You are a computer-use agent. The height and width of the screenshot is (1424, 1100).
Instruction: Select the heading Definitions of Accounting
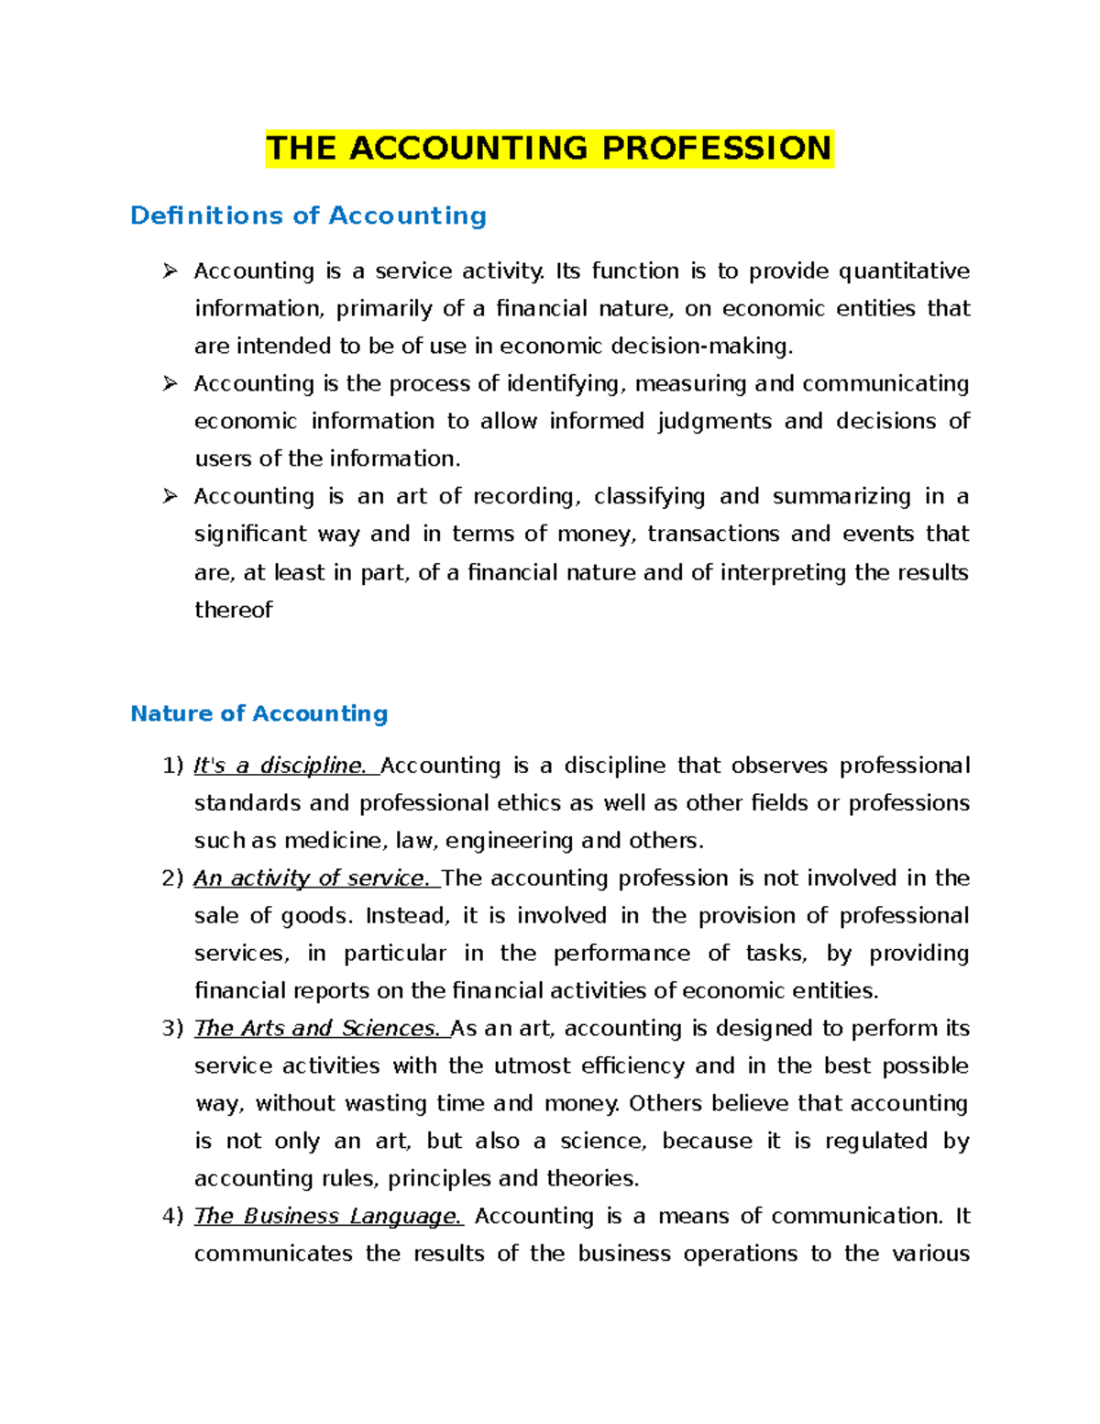[x=308, y=215]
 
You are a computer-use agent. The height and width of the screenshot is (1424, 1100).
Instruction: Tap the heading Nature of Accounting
[x=258, y=713]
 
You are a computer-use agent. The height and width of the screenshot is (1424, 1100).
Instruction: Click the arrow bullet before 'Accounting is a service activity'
[x=170, y=270]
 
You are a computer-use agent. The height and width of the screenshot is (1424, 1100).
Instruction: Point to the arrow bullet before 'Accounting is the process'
[x=170, y=383]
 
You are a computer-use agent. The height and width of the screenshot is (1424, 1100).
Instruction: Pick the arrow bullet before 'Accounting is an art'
[x=170, y=496]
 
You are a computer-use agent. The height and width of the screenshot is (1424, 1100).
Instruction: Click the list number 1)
[x=172, y=766]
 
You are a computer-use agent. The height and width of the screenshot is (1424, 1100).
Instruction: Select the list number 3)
[x=172, y=1029]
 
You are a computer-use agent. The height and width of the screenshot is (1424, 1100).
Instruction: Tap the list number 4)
[x=172, y=1217]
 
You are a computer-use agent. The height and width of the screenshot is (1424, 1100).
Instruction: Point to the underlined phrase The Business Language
[x=328, y=1217]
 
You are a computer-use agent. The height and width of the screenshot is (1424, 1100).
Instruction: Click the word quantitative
[x=904, y=271]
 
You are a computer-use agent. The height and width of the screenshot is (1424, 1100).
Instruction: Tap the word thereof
[x=233, y=610]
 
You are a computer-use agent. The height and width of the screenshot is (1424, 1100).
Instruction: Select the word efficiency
[x=632, y=1066]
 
